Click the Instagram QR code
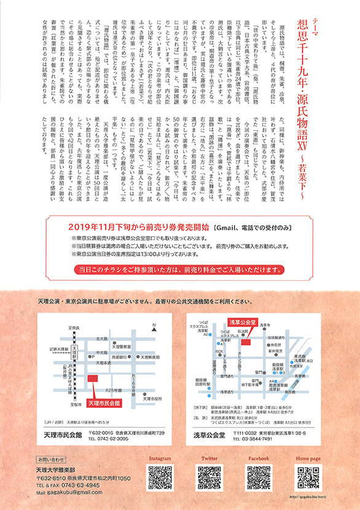[160, 476]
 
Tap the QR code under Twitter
[209, 476]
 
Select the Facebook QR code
[259, 476]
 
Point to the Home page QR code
[308, 476]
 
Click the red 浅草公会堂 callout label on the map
[241, 321]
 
